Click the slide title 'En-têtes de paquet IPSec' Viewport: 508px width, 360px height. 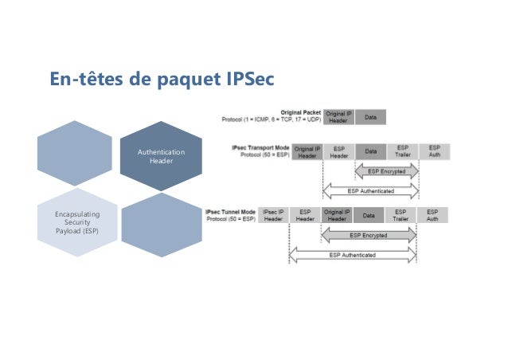click(x=162, y=80)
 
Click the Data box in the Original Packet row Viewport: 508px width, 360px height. click(x=371, y=118)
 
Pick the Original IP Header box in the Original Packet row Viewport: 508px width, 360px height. click(x=338, y=118)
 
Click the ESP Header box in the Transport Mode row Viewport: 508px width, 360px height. click(x=338, y=152)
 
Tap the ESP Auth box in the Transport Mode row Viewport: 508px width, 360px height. click(x=435, y=152)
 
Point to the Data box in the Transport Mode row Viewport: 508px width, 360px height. click(x=370, y=152)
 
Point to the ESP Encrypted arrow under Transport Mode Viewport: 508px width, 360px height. click(x=385, y=171)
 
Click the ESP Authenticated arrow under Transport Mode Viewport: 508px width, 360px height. click(x=370, y=190)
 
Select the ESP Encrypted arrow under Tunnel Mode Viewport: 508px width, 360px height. click(x=369, y=236)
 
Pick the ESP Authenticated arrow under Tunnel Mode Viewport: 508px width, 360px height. click(x=353, y=255)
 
